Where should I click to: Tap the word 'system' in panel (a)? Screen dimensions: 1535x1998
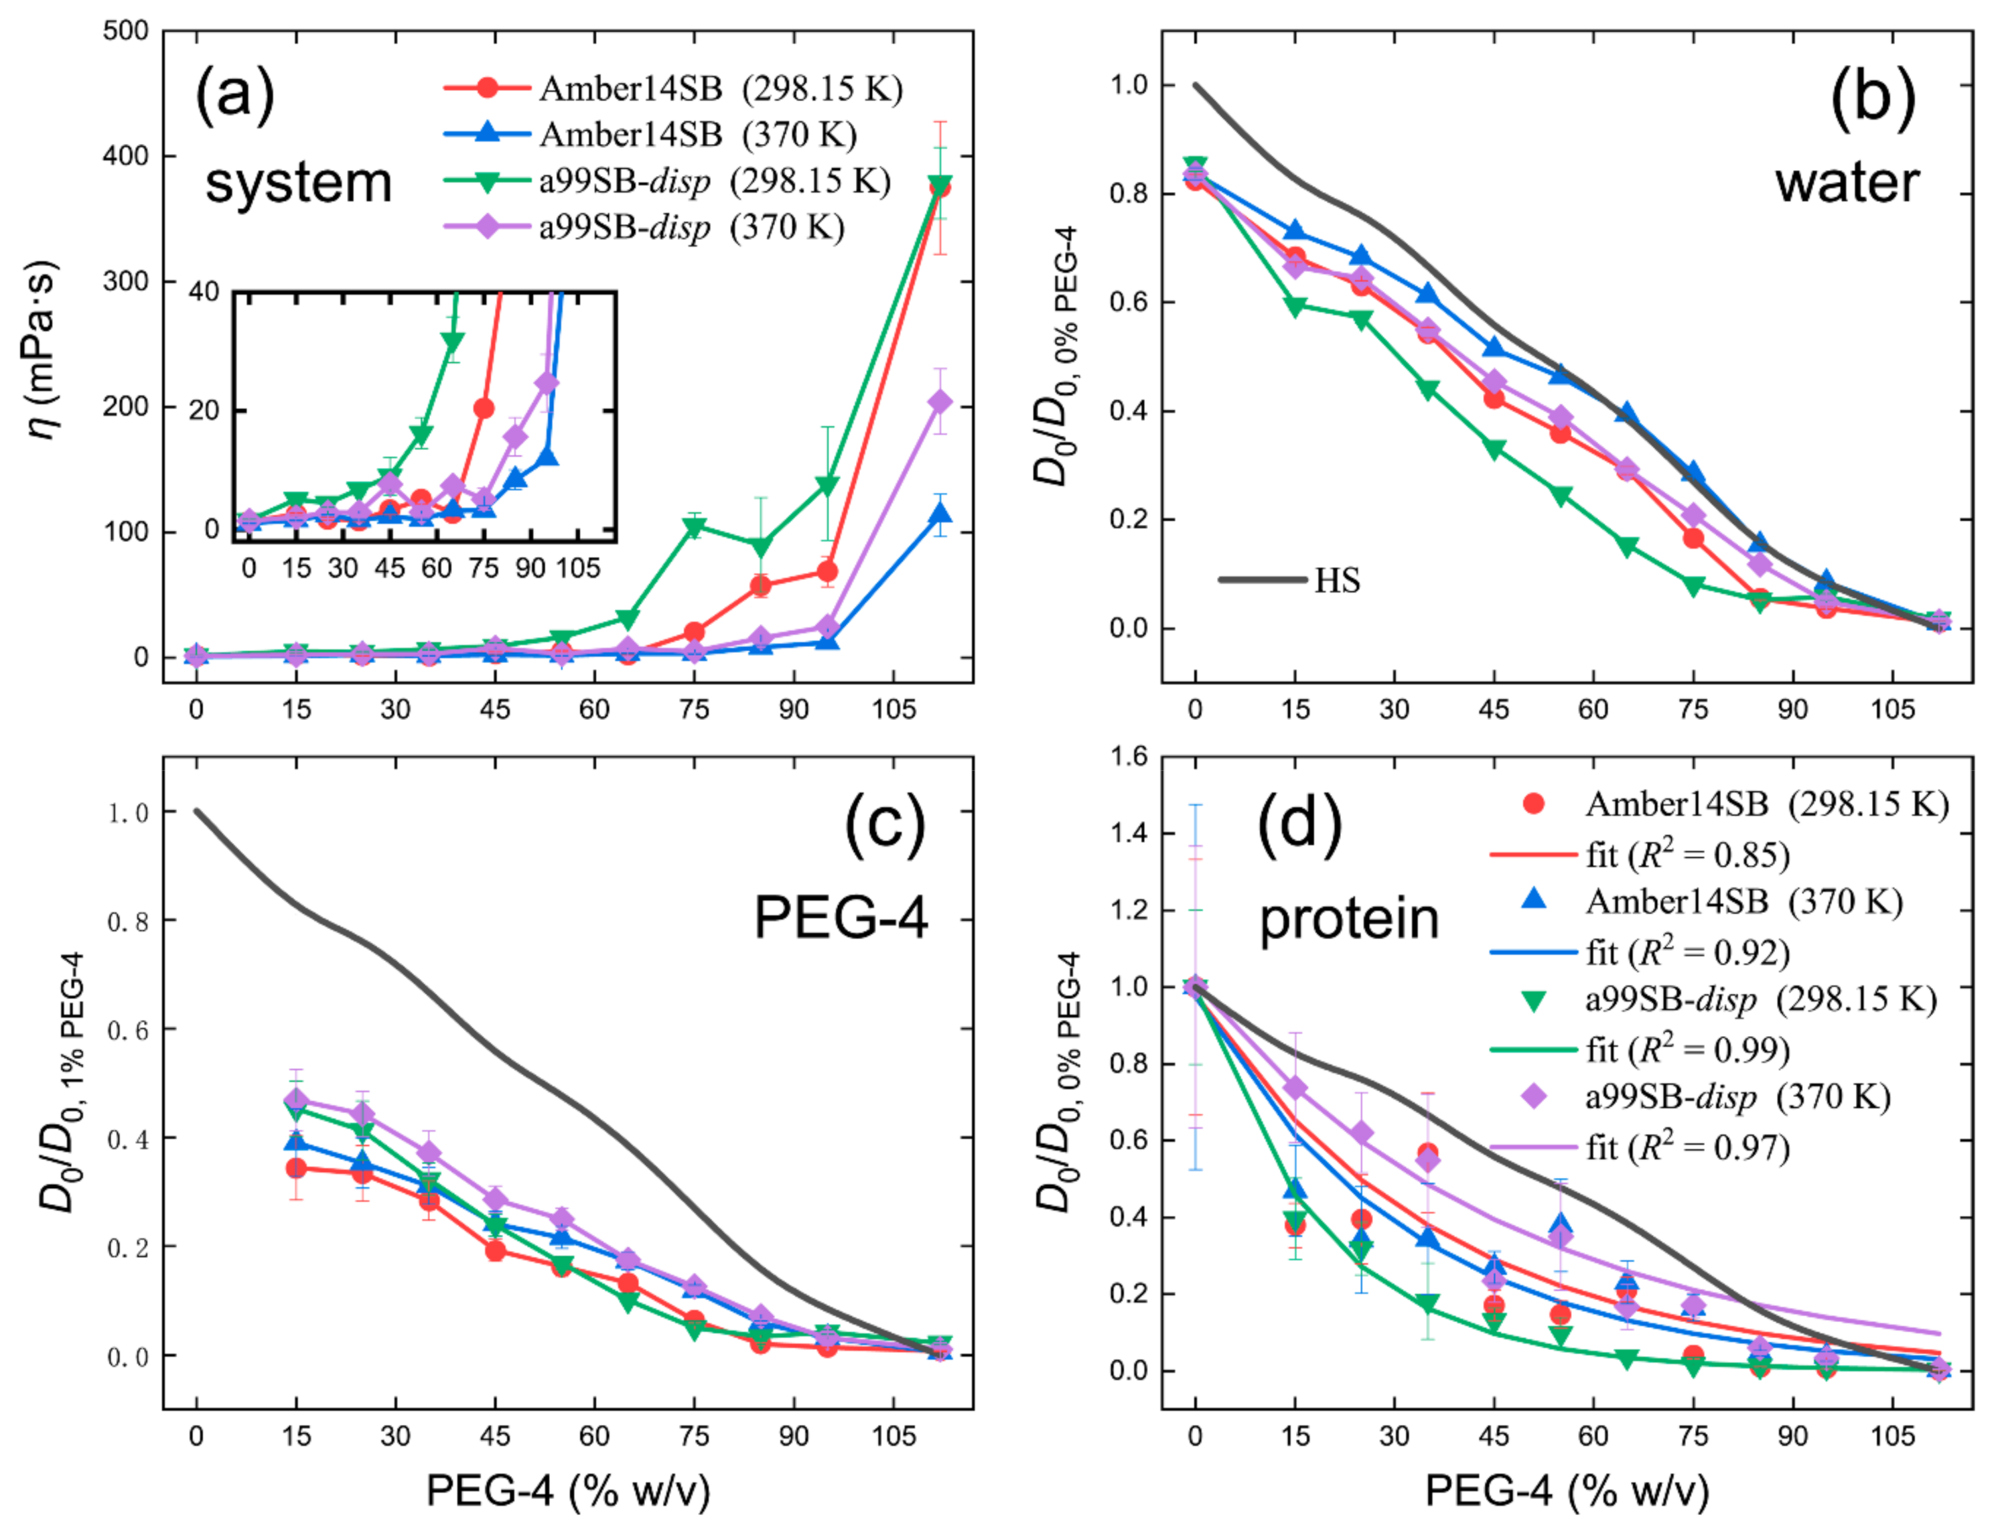298,183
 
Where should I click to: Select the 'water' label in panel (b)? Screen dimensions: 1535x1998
1847,183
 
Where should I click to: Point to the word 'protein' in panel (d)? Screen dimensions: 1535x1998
1348,918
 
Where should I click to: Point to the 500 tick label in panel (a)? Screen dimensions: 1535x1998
125,31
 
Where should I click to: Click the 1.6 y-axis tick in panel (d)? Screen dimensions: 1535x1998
1127,757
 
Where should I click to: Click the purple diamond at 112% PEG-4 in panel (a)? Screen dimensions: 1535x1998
939,402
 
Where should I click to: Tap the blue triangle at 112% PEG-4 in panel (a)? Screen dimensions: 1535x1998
939,514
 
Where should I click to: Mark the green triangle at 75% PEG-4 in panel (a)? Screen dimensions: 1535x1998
695,527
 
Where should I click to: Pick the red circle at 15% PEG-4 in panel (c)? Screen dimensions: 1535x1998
296,1168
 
